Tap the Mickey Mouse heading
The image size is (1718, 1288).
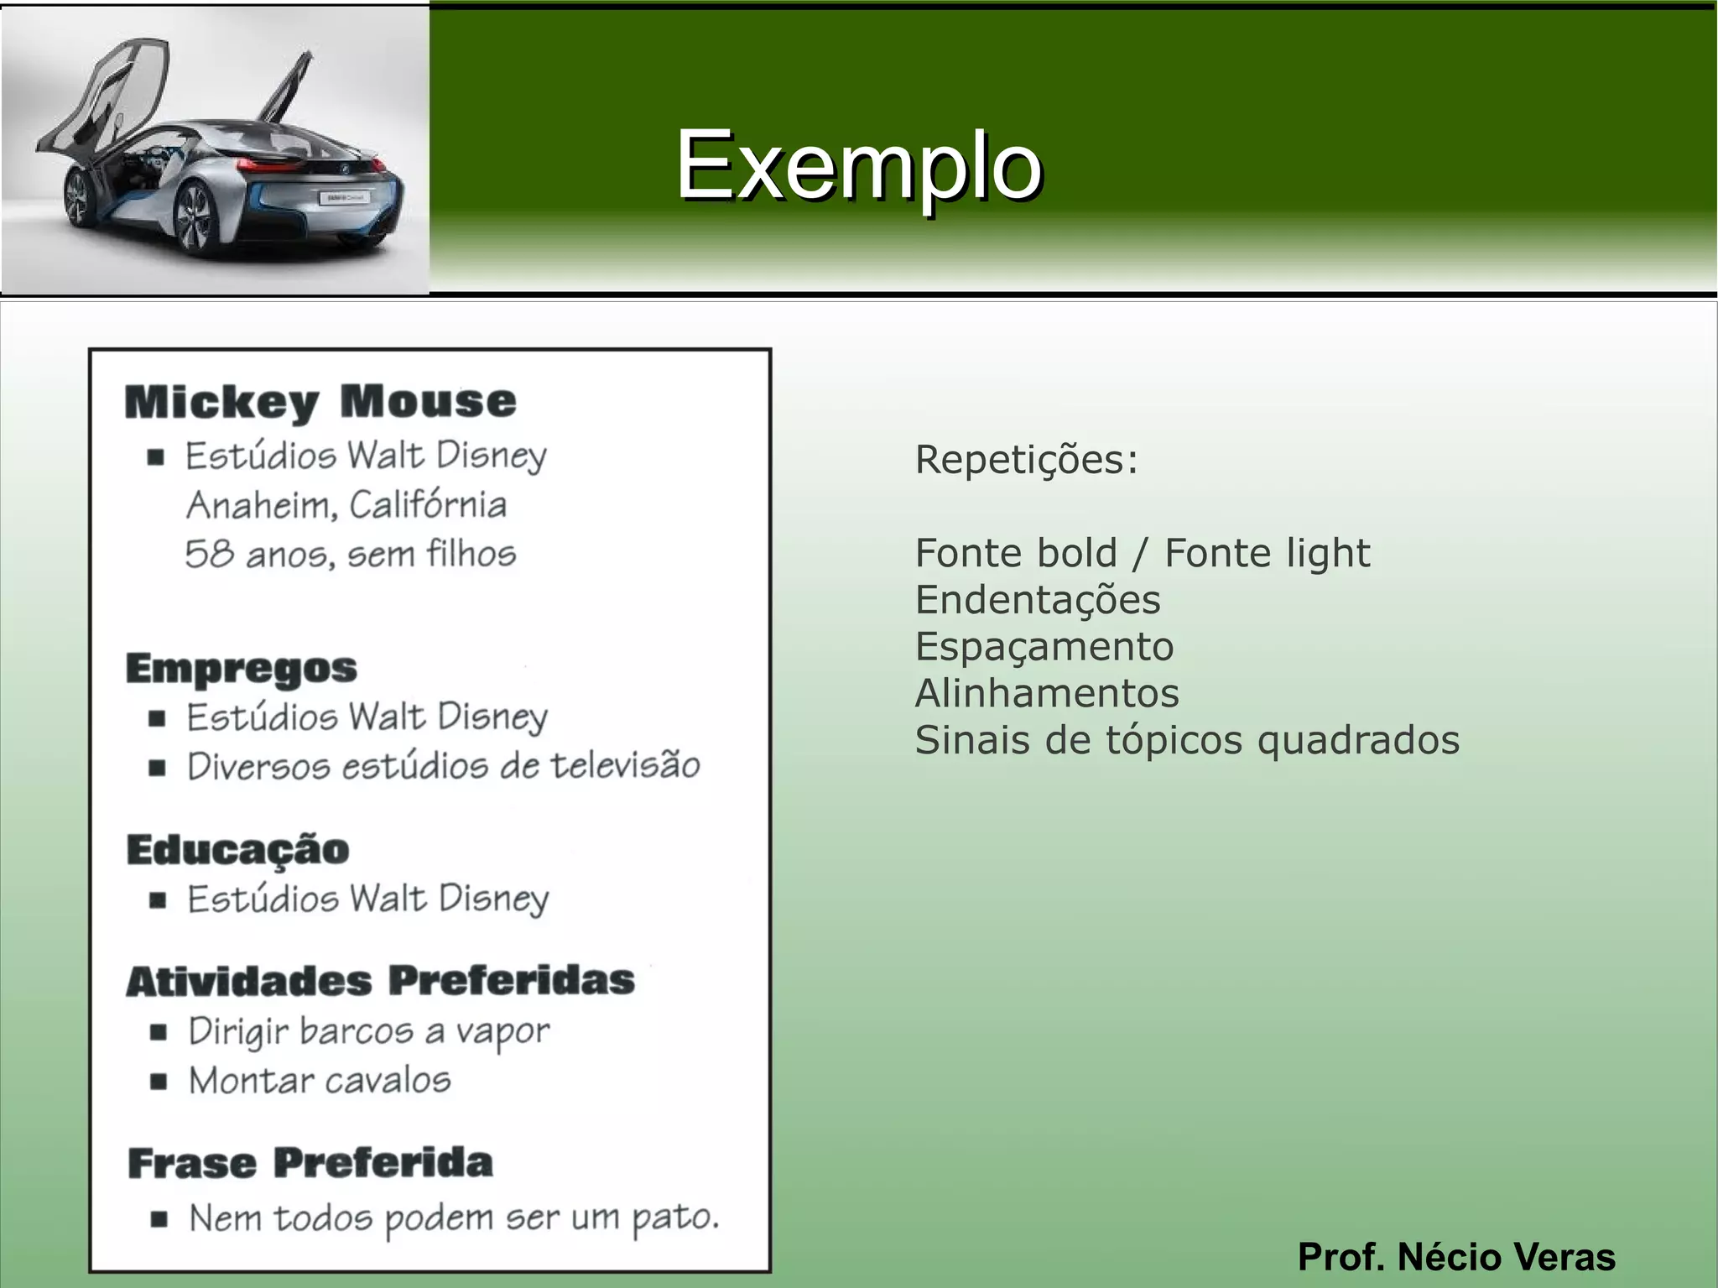pyautogui.click(x=320, y=401)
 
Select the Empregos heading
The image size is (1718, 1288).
pyautogui.click(x=242, y=668)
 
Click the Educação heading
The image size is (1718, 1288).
pyautogui.click(x=238, y=849)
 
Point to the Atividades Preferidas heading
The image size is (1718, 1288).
pyautogui.click(x=380, y=981)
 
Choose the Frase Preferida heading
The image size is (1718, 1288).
pyautogui.click(x=310, y=1163)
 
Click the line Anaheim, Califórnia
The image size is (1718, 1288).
pyautogui.click(x=346, y=505)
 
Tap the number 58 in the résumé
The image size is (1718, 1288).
pyautogui.click(x=208, y=554)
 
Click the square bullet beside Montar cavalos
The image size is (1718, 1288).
pyautogui.click(x=158, y=1081)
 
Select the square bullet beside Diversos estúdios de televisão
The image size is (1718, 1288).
pyautogui.click(x=157, y=767)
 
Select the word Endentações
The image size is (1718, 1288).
pyautogui.click(x=1038, y=600)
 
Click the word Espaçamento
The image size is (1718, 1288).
pyautogui.click(x=1044, y=647)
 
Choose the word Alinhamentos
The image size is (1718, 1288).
pyautogui.click(x=1047, y=694)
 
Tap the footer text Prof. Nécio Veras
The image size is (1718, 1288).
pyautogui.click(x=1456, y=1257)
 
